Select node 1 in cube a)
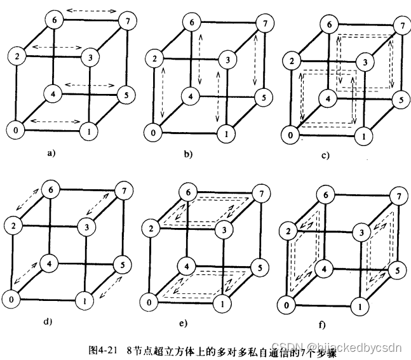(x=88, y=131)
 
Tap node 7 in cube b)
(x=260, y=25)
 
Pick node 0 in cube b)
(x=152, y=134)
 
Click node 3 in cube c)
(x=364, y=62)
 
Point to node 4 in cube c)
(x=326, y=100)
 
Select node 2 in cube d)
(x=11, y=224)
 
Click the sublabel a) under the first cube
(x=51, y=153)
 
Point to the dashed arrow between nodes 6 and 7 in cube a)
(x=91, y=11)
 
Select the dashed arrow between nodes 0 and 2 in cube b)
(x=163, y=93)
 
